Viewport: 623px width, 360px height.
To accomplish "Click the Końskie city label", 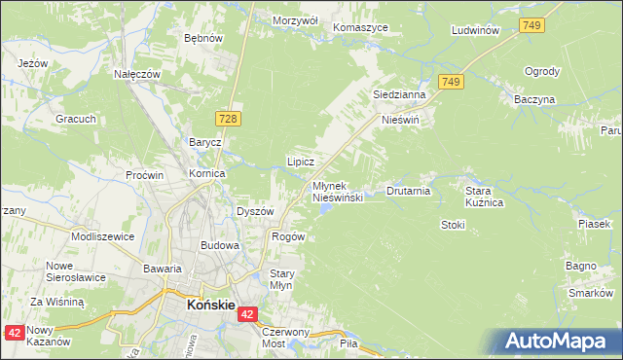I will [209, 305].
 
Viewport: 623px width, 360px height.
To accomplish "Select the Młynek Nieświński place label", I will [337, 192].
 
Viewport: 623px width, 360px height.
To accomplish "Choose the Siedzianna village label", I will [399, 95].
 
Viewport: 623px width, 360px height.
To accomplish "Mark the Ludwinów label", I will [476, 31].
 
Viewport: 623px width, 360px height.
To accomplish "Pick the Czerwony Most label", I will [286, 338].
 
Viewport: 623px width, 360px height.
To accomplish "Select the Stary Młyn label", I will [281, 279].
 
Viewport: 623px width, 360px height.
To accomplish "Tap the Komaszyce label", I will [359, 27].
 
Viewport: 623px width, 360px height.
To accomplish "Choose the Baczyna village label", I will [535, 99].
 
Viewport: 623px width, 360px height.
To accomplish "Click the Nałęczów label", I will [137, 74].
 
